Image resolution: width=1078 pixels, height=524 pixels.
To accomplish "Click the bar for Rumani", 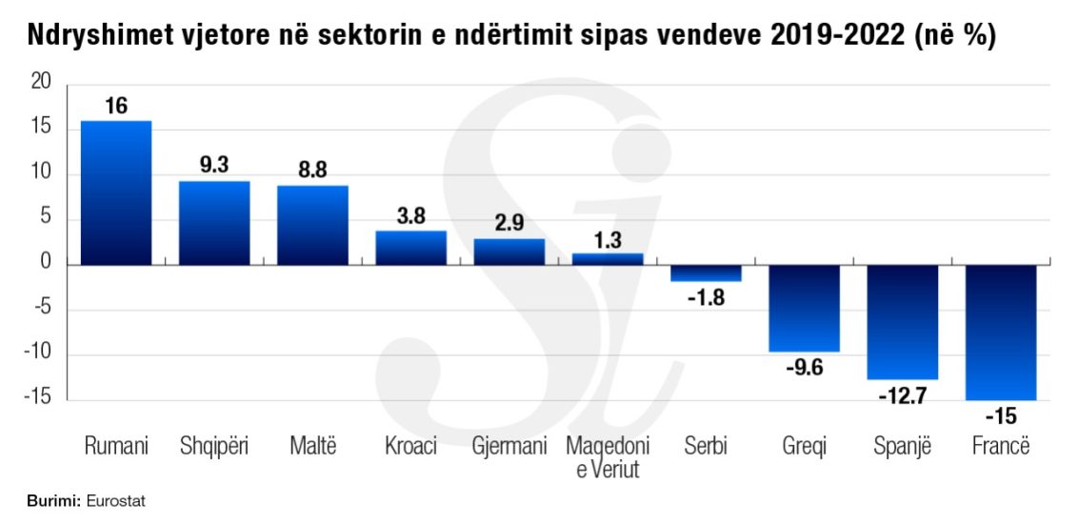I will (x=116, y=192).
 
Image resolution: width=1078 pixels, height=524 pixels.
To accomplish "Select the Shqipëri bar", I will (x=214, y=223).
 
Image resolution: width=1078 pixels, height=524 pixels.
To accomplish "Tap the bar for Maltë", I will (x=312, y=225).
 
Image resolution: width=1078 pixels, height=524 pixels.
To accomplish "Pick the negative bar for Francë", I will (x=1001, y=332).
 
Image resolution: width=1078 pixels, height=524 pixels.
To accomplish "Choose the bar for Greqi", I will (x=805, y=308).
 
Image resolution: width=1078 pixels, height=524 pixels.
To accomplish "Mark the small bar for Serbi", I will (x=706, y=273).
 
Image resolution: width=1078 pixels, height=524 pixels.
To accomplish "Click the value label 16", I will (x=116, y=106).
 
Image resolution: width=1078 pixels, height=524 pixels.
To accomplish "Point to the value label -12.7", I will (x=903, y=393).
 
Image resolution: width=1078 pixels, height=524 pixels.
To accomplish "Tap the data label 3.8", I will (x=410, y=216).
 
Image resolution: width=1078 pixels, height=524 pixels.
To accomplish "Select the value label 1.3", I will (x=608, y=238).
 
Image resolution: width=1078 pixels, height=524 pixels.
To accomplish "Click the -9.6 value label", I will (x=805, y=367).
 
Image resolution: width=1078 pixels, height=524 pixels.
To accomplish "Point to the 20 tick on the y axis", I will (x=40, y=84).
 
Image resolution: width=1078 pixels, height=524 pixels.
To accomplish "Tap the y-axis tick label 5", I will (x=45, y=219).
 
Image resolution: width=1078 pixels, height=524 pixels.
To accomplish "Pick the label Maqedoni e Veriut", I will (x=608, y=457).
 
